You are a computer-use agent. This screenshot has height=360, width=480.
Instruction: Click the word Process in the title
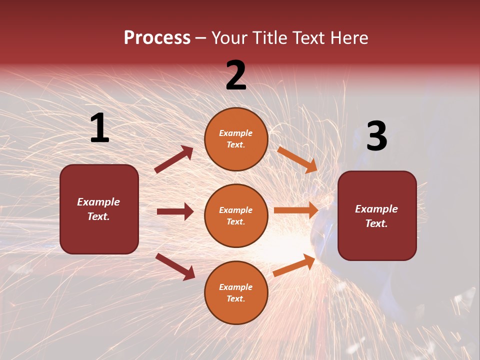click(x=157, y=38)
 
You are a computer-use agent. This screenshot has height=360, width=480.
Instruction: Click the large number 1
click(x=99, y=128)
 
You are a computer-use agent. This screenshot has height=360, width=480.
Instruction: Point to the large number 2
click(x=236, y=75)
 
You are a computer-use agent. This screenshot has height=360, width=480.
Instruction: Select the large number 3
click(x=376, y=136)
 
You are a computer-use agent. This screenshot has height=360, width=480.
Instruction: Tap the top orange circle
click(x=236, y=139)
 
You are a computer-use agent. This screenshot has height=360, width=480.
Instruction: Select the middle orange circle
click(x=236, y=215)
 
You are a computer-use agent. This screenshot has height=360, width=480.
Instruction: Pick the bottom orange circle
click(x=236, y=292)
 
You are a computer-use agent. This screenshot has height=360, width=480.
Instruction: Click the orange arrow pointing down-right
click(x=297, y=159)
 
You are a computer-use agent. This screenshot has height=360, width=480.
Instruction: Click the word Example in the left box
click(x=98, y=202)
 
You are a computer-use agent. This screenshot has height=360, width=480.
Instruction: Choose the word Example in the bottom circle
click(x=236, y=287)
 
